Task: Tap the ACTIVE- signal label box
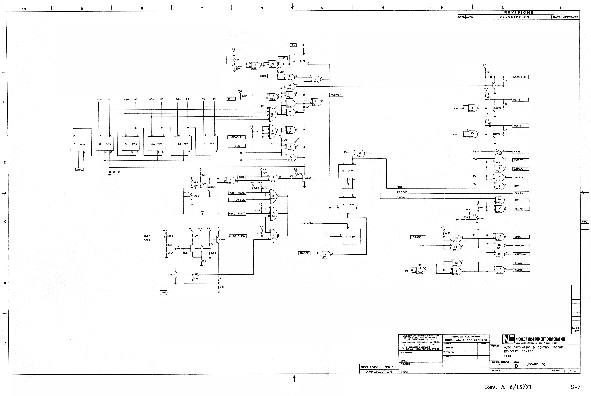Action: pos(336,95)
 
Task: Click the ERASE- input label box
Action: pos(418,237)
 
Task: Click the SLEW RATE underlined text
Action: pos(147,238)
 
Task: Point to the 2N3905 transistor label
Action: pos(221,239)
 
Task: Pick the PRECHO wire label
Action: pos(402,192)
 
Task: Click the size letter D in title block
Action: pos(516,366)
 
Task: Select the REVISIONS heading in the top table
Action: pos(519,12)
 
